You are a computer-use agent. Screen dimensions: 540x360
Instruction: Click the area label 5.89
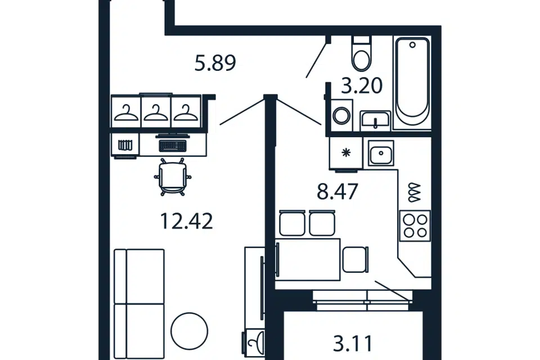coord(215,64)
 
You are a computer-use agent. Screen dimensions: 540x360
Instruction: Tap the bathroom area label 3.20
coord(362,85)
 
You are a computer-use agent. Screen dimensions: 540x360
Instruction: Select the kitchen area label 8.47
coord(337,192)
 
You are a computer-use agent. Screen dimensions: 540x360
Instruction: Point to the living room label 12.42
coord(187,221)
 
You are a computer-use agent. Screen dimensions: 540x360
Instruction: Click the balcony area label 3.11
coord(353,344)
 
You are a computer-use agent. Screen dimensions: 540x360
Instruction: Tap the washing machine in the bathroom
coord(341,115)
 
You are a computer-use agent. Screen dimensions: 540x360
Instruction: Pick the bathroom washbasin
coord(375,120)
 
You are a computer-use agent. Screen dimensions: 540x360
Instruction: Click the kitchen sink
coord(381,154)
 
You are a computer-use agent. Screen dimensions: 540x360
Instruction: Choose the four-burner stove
coord(415,226)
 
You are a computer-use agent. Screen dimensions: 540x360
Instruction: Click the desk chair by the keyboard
coord(173,177)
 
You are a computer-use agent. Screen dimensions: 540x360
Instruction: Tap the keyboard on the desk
coord(173,145)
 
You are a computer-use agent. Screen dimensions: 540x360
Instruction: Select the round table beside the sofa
coord(190,331)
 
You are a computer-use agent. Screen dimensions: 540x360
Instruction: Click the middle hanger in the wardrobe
coord(156,112)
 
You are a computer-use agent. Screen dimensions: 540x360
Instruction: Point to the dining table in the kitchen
coord(308,259)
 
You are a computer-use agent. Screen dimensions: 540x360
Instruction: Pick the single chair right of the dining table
coord(355,259)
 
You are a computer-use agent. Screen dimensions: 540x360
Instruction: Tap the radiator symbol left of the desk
coord(125,145)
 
